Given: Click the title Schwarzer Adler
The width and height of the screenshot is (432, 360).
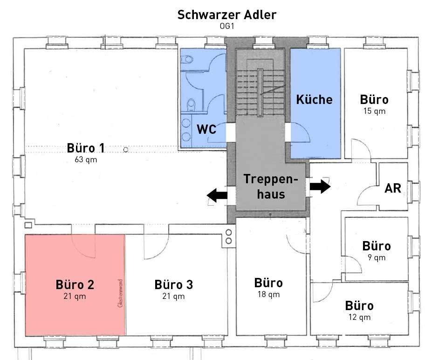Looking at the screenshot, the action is [227, 14].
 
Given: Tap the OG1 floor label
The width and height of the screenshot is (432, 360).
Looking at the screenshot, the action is [227, 26].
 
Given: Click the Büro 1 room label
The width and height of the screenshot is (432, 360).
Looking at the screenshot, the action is [86, 148].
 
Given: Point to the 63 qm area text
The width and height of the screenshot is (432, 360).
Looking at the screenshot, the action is [86, 159].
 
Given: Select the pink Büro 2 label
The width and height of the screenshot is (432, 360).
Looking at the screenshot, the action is [75, 284].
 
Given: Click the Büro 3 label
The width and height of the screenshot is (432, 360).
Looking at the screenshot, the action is [173, 284].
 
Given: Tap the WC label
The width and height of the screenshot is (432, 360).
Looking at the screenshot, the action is [206, 129].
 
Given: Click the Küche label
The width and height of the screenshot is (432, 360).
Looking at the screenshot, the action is [315, 99].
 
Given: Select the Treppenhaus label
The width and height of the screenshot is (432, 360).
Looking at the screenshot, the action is [271, 187].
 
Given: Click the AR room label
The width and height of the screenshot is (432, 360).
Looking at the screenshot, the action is [393, 188].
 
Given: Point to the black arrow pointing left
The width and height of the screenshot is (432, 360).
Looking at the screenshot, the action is [217, 195].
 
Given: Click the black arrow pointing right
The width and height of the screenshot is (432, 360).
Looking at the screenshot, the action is [320, 187].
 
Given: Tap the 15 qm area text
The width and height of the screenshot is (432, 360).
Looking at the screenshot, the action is [374, 111].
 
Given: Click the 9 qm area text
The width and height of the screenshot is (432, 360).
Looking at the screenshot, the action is [377, 257].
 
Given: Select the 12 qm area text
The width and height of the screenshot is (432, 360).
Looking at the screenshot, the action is [360, 317].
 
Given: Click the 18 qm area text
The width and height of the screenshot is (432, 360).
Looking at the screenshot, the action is [268, 294].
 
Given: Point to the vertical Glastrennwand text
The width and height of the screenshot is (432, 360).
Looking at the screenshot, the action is [120, 293].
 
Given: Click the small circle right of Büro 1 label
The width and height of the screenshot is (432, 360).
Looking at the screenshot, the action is [126, 150].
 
